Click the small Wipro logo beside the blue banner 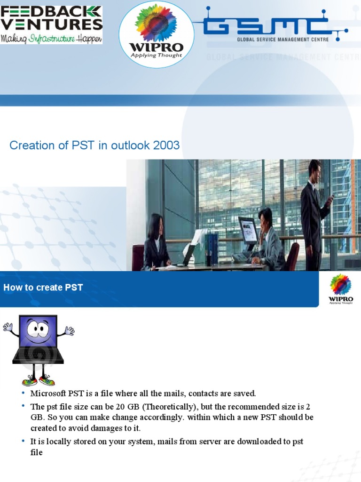coord(341,289)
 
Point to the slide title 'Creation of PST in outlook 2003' coord(94,145)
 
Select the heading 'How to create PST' coord(43,287)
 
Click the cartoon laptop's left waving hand coord(8,326)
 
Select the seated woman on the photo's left coord(155,242)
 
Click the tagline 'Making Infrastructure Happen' coord(51,38)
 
